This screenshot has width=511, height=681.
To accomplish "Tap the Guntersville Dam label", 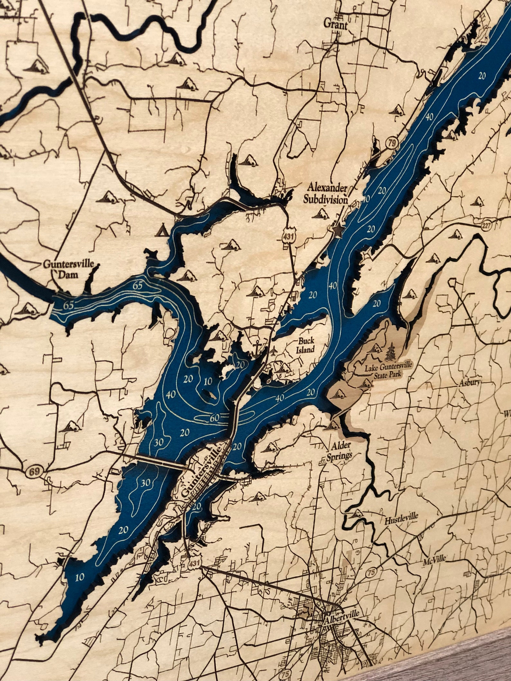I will [69, 269].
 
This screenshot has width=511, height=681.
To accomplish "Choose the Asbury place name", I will [469, 383].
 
